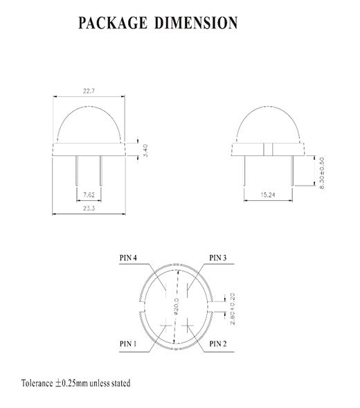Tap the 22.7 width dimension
coord(88,89)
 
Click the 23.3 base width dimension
coord(88,207)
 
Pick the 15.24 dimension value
coord(270,195)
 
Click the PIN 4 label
coord(128,258)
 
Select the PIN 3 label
coord(218,258)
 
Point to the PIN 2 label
coord(218,343)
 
